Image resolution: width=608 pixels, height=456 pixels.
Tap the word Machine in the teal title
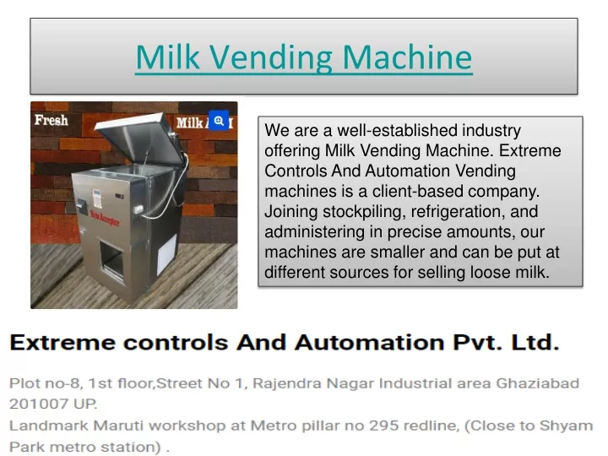407,57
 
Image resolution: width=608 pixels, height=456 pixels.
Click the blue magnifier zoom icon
219,121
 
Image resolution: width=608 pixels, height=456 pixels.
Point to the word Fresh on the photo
52,120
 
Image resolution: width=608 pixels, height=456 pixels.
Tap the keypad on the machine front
97,198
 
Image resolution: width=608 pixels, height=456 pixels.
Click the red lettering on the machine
105,218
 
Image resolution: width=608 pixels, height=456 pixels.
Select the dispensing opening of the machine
111,259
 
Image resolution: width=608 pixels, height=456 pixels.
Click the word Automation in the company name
370,343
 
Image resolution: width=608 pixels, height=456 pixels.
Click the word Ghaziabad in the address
538,383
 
